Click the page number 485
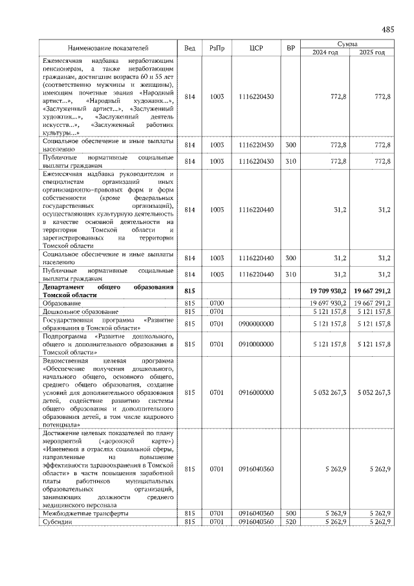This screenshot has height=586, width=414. pos(388,29)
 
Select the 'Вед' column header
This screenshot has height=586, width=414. pos(190,48)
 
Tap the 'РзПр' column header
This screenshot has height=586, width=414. pos(217,48)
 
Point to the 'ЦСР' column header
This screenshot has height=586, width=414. pos(256,48)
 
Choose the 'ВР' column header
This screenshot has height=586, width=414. pos(291,48)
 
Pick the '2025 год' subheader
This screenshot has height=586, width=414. pos(371,52)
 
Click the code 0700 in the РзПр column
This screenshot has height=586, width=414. pos(217,303)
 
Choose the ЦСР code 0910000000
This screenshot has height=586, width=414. pos(256,344)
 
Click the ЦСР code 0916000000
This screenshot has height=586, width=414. pos(256,392)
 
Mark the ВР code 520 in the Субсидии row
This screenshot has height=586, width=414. pos(291,521)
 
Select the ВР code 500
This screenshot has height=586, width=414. pos(291,513)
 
